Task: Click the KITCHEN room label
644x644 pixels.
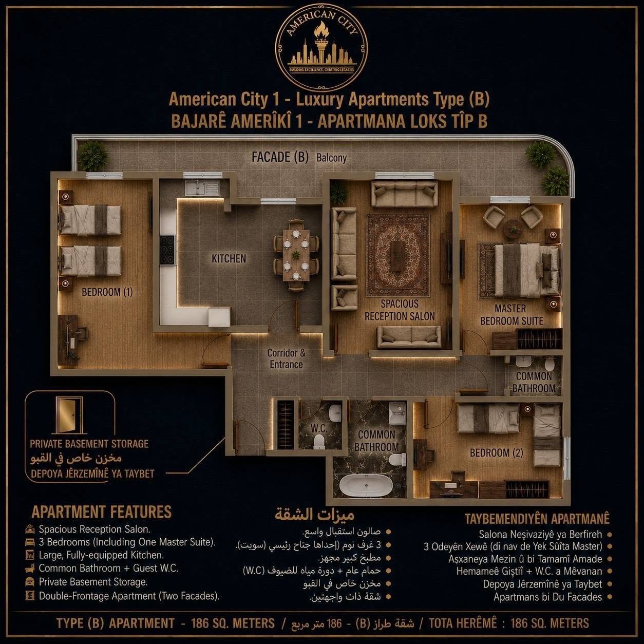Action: (x=229, y=258)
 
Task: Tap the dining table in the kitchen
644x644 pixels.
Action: (x=296, y=255)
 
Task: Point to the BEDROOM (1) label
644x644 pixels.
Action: (x=107, y=292)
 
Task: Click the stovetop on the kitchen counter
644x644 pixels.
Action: (x=167, y=250)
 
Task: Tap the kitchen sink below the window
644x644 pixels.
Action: (x=202, y=188)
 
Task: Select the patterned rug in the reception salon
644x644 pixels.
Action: (x=397, y=255)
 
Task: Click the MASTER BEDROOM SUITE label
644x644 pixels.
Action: (x=512, y=314)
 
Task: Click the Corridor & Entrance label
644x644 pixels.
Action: (x=287, y=358)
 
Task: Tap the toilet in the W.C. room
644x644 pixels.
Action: (x=319, y=441)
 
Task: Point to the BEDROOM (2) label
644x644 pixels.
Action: (x=496, y=453)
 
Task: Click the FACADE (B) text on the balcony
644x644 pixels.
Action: (x=280, y=157)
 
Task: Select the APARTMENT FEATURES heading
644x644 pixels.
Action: (x=101, y=512)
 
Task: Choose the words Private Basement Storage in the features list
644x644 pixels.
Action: (x=93, y=582)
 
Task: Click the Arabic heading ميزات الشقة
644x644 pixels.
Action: (x=314, y=515)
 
